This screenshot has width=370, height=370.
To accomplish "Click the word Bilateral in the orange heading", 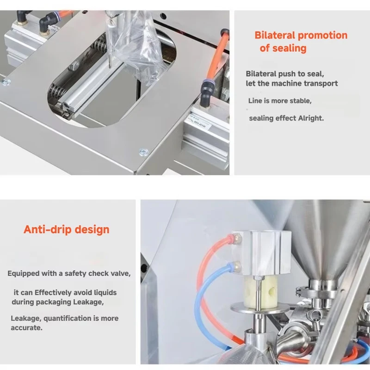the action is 275,36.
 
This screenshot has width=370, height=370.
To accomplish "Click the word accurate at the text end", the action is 26,328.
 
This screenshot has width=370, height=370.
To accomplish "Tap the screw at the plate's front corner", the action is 143,152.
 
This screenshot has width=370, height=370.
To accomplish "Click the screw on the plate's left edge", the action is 6,82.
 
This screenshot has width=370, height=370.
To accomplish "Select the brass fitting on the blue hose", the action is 236,267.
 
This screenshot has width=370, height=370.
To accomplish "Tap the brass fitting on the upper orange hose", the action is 237,239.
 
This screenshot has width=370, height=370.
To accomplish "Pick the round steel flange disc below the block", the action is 259,309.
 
